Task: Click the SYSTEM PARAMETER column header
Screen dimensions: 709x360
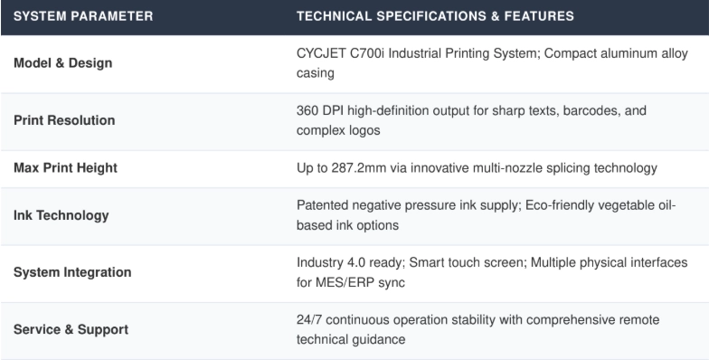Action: click(83, 16)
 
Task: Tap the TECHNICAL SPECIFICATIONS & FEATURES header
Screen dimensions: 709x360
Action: click(435, 16)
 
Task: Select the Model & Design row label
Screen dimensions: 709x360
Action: click(63, 63)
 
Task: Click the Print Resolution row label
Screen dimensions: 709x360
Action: click(64, 120)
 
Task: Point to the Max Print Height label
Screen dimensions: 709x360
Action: click(65, 168)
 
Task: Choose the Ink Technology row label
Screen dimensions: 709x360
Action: click(61, 215)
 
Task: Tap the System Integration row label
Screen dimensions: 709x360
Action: click(72, 272)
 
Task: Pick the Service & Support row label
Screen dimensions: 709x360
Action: click(71, 329)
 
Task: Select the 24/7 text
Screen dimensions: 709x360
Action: click(309, 320)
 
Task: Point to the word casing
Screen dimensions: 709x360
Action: click(315, 73)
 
